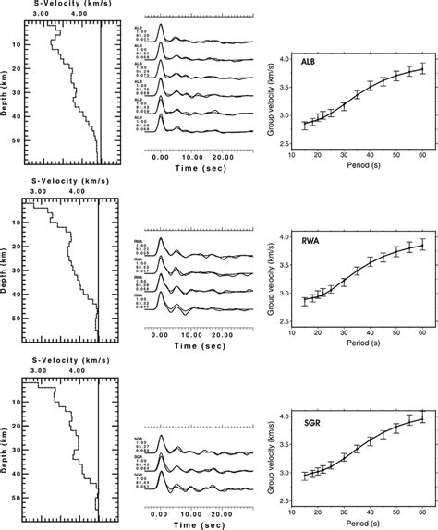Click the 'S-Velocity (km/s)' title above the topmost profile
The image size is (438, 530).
[x=71, y=5]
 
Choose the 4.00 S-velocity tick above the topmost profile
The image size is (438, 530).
[x=82, y=15]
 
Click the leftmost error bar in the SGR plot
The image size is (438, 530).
[x=305, y=476]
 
